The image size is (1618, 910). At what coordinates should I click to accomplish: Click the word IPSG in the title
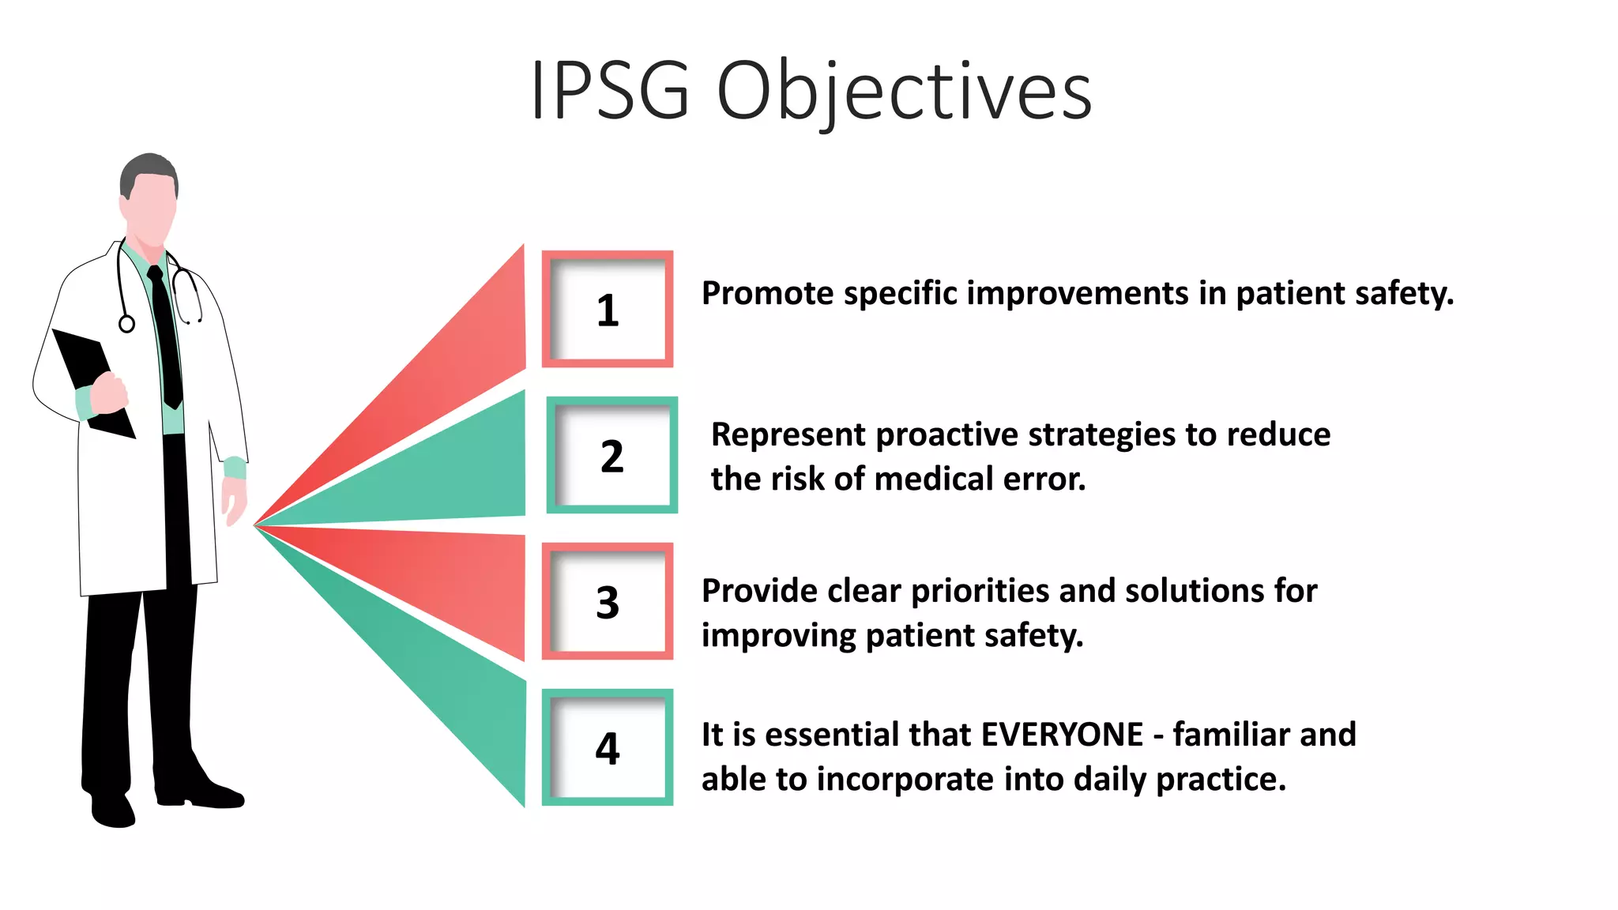[610, 91]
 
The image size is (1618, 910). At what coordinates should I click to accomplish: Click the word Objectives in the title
[904, 91]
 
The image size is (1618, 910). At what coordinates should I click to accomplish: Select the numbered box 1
[607, 310]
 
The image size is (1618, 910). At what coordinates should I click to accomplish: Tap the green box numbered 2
[611, 456]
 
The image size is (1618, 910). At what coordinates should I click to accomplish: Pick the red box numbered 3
[607, 602]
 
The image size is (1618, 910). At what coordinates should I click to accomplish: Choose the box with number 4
[607, 747]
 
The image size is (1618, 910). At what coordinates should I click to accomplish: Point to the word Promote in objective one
[767, 294]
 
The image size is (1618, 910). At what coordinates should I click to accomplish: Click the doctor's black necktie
[166, 340]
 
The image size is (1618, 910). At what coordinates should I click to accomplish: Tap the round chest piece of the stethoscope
[126, 324]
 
